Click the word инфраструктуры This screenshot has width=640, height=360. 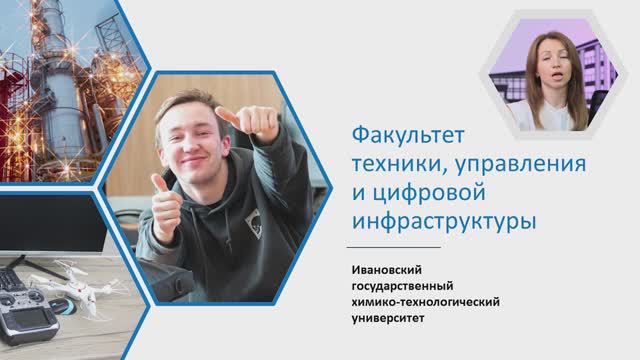pos(443,219)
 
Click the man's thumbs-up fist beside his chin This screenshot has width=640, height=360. pos(166,205)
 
